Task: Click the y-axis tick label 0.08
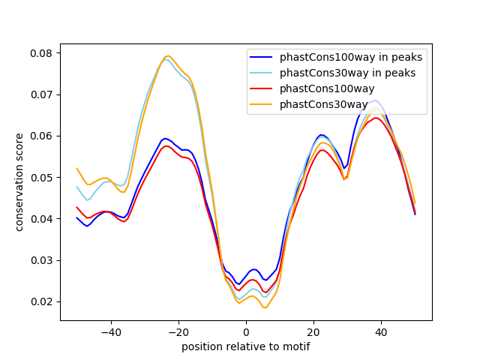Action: [41, 53]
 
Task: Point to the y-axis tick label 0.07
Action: [41, 94]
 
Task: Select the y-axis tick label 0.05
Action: [41, 178]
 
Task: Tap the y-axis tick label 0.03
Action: [41, 260]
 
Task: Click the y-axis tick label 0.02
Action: [41, 301]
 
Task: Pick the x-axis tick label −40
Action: [111, 332]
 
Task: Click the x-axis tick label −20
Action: [178, 332]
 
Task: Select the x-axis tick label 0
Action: [247, 332]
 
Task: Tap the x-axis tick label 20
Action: [313, 332]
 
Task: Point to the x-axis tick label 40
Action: [382, 332]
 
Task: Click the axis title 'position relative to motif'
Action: [246, 346]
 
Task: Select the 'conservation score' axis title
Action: [19, 182]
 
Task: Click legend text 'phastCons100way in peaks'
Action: [351, 57]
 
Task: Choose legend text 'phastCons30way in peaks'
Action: [348, 73]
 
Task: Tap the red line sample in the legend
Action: [261, 88]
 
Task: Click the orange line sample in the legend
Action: [261, 105]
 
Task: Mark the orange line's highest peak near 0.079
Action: [168, 55]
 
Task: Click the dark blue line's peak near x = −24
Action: [165, 138]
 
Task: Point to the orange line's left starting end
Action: [76, 168]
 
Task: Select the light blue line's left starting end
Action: [76, 187]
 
